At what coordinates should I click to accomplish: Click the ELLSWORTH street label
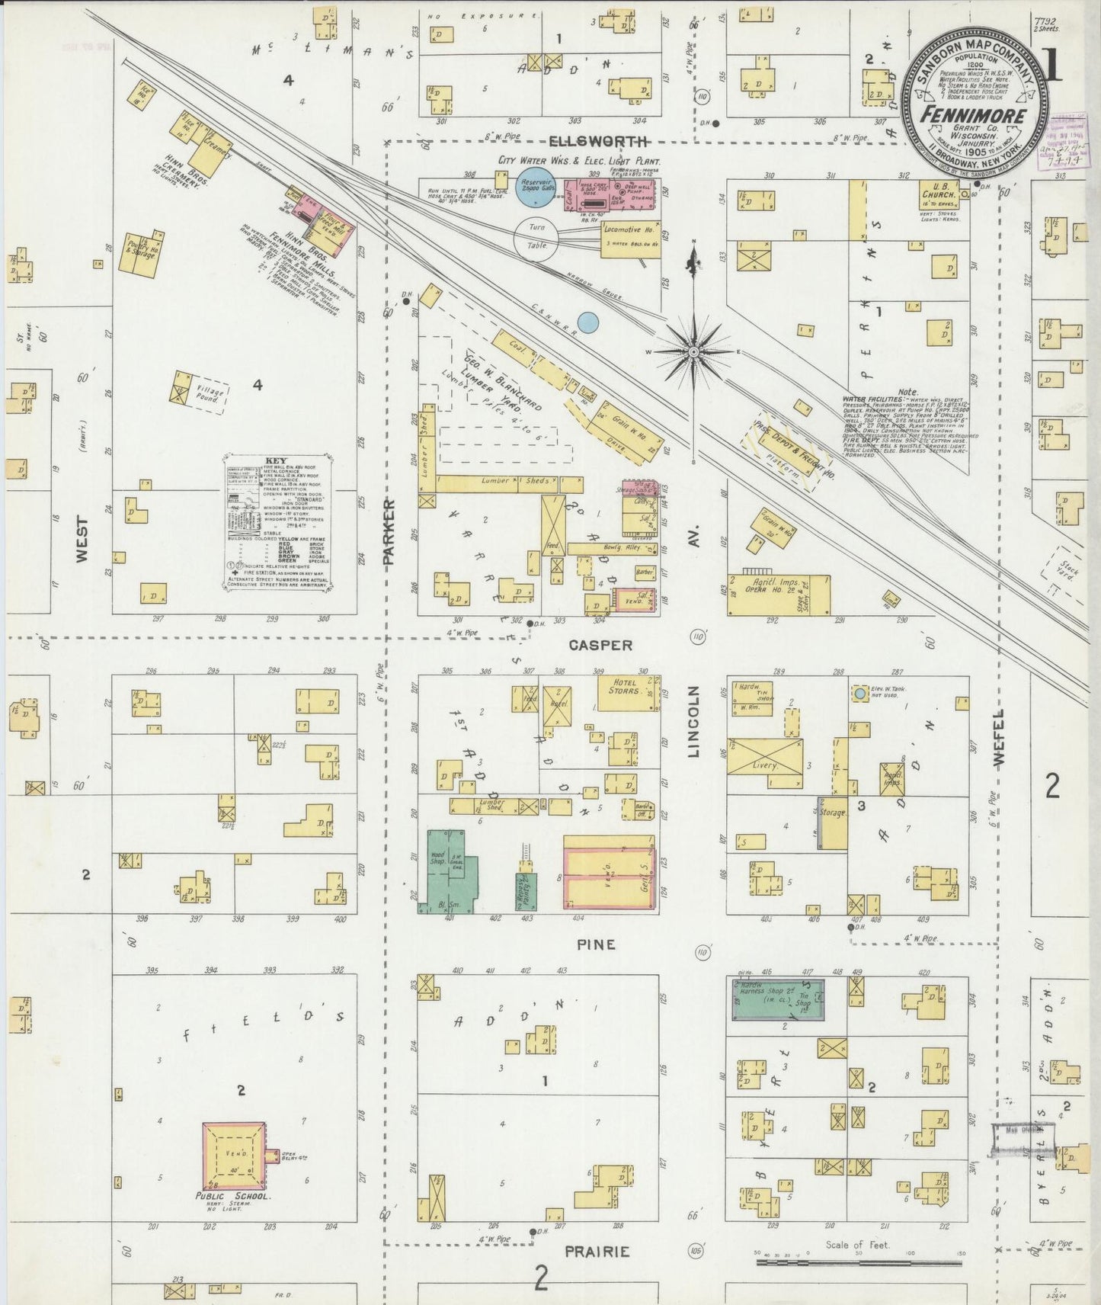tap(599, 142)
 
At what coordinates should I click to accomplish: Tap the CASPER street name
tap(600, 645)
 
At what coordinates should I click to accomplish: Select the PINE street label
tap(596, 944)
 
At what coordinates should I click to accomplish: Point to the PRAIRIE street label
tap(598, 1252)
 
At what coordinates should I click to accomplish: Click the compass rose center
tap(694, 351)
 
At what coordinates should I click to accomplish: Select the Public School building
tap(234, 1156)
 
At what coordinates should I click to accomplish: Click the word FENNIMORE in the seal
tap(972, 115)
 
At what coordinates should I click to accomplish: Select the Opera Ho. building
tap(777, 595)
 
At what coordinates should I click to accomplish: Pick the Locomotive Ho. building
tap(630, 238)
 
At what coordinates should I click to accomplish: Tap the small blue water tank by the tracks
tap(587, 322)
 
